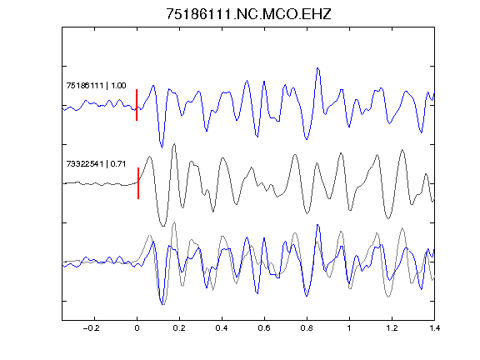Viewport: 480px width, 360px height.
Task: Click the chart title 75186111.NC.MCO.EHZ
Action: point(248,14)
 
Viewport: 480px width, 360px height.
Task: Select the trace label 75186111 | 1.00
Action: point(96,85)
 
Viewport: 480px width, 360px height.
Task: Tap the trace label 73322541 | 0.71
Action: point(96,164)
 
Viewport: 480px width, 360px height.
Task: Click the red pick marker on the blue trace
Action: point(137,105)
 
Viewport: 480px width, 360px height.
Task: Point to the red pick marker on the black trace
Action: point(138,183)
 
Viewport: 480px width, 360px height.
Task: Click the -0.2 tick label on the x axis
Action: point(92,328)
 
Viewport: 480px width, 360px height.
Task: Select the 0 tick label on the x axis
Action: point(137,328)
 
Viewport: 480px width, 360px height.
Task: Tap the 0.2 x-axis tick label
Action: point(179,328)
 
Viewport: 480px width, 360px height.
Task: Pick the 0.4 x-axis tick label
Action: point(222,328)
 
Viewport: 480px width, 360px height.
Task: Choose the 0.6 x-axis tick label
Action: point(264,328)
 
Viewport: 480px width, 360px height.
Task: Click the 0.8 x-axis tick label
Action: point(307,328)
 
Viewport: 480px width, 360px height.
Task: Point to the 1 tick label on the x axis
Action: point(349,328)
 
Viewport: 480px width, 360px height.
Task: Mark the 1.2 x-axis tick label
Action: point(392,328)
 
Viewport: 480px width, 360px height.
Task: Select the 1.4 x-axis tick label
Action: point(434,328)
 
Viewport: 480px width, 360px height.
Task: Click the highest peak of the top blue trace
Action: point(317,68)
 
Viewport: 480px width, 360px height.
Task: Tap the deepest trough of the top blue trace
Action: point(162,147)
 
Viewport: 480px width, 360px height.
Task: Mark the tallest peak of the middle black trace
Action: point(174,144)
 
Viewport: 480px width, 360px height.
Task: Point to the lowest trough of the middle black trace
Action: point(162,226)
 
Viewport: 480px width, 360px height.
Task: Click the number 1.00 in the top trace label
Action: point(118,85)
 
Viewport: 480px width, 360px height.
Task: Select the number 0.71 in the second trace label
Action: point(118,164)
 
